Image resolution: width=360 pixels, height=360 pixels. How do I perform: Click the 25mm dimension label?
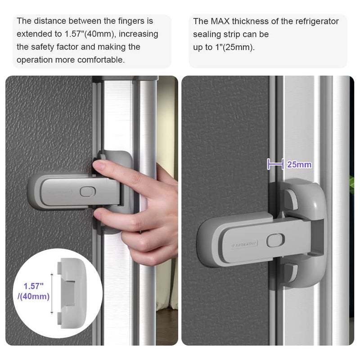(x=299, y=165)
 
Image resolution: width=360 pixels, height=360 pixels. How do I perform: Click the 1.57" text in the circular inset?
(x=34, y=286)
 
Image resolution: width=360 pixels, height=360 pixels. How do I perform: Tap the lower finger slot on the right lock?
(x=291, y=270)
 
